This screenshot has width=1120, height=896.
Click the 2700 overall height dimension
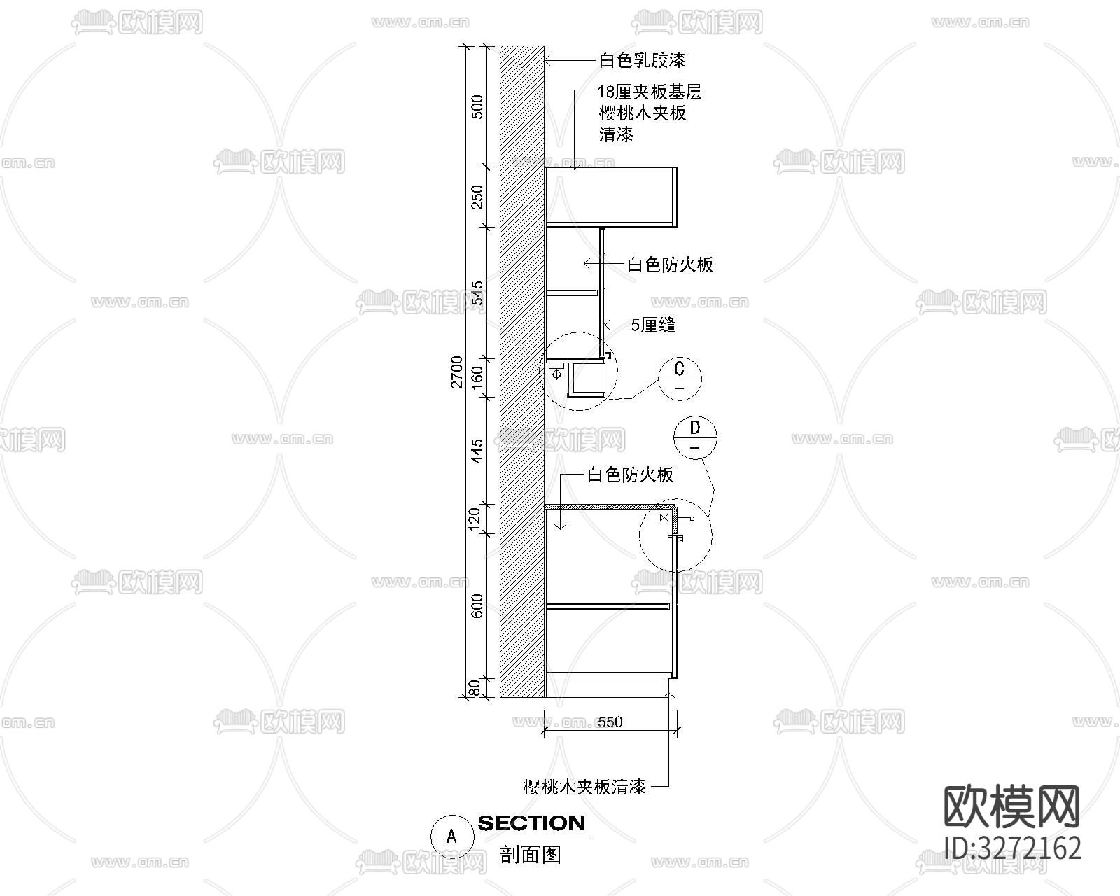coord(457,372)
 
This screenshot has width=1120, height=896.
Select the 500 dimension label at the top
coord(477,106)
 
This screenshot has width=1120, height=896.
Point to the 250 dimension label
coord(477,197)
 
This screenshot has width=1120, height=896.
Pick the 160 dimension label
coord(477,378)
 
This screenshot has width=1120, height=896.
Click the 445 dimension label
coord(477,451)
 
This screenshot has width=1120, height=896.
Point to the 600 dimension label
coord(477,605)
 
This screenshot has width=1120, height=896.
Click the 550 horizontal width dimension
coord(610,722)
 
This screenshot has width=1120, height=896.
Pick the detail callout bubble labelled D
coord(695,437)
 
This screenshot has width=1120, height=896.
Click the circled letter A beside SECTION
coord(451,835)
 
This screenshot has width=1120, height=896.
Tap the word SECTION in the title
coord(531,823)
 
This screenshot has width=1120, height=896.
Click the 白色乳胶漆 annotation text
coord(642,61)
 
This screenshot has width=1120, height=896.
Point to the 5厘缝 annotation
coord(652,325)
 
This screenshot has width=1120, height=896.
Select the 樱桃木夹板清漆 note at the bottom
coord(584,787)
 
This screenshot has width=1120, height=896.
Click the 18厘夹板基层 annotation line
coord(650,92)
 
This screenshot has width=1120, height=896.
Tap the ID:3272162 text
coord(1012,848)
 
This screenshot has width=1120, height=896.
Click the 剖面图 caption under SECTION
coord(531,855)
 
